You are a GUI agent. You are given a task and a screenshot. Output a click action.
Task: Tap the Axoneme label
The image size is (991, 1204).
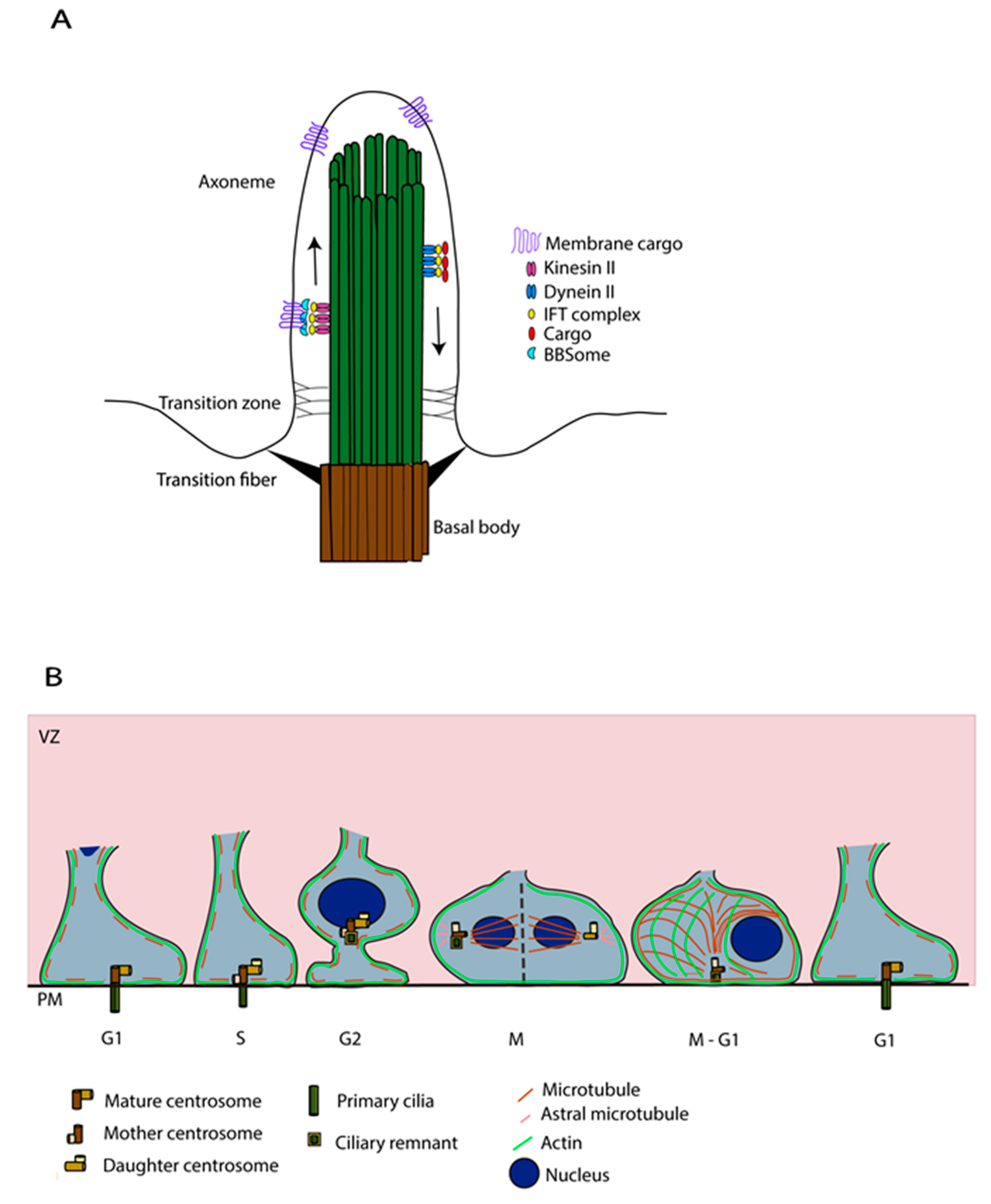[236, 182]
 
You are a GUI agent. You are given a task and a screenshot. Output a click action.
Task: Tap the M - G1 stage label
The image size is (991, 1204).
[713, 1039]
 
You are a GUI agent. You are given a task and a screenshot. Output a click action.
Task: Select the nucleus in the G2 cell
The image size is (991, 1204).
[352, 903]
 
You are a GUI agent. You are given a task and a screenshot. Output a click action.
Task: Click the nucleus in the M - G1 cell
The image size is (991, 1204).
[756, 940]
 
